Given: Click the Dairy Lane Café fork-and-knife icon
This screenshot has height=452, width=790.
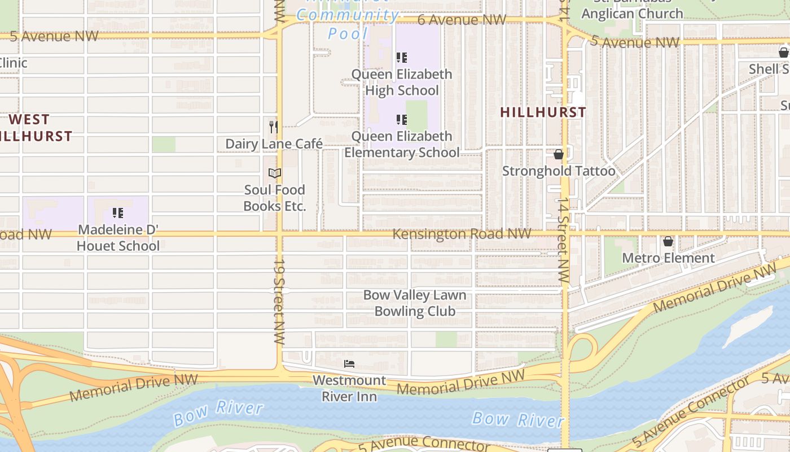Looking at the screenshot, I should click(274, 127).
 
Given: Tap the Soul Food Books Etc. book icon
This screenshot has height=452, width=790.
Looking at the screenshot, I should click(275, 173).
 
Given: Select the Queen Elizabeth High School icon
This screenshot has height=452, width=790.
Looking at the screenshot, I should click(402, 57).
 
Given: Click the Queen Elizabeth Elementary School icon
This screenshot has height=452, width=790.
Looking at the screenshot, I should click(402, 119).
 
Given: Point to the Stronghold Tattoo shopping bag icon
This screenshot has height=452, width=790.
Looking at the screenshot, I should click(559, 154).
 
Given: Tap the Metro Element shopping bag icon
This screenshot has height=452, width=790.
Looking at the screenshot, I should click(668, 241).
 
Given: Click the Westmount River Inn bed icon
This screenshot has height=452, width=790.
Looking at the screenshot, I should click(349, 364).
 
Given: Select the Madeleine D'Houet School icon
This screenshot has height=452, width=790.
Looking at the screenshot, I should click(118, 213).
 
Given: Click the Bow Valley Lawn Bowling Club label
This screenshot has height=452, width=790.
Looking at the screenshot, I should click(415, 303).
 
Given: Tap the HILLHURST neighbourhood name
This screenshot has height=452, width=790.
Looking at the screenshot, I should click(543, 112).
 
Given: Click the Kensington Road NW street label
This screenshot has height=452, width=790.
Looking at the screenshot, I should click(462, 233).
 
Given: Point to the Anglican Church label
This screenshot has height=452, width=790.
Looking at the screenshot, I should click(632, 14).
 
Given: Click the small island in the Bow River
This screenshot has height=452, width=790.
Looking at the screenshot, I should click(748, 327).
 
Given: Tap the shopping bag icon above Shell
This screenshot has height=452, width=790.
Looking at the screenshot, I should click(783, 53).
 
